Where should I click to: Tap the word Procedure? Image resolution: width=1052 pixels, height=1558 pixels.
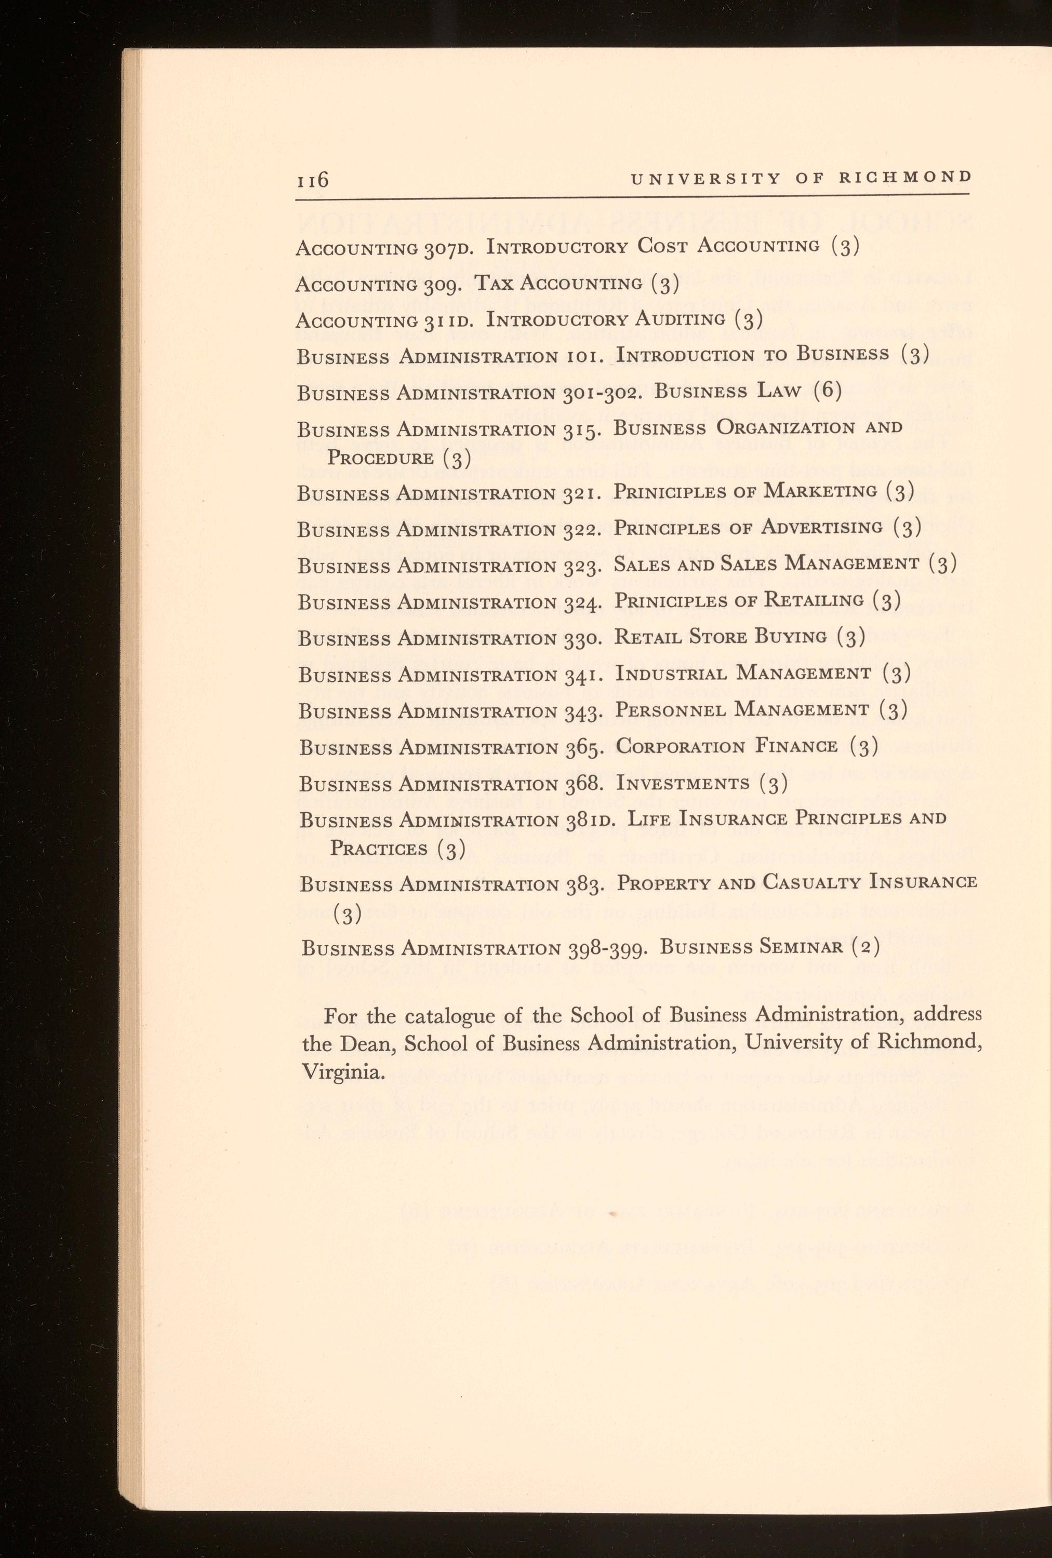380,459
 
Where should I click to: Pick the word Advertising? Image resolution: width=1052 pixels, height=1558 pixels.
821,528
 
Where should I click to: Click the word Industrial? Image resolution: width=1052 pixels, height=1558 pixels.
671,673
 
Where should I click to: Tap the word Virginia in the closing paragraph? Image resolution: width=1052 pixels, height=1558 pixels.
343,1072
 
